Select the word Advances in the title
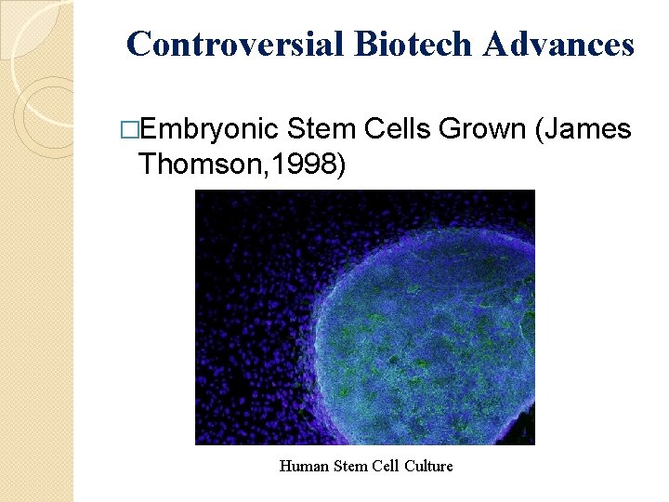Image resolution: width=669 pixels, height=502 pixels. pyautogui.click(x=559, y=44)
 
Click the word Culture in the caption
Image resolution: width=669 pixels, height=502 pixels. pyautogui.click(x=428, y=466)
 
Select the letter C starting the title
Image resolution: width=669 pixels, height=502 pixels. pyautogui.click(x=138, y=44)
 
